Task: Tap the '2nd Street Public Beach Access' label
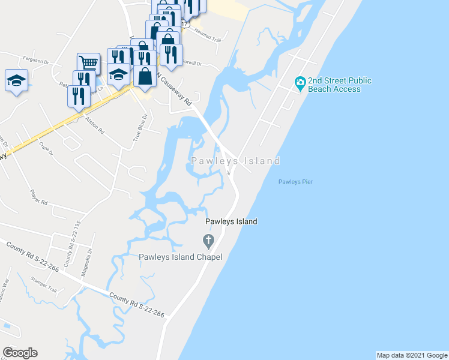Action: pos(339,85)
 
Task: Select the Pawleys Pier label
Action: pos(296,182)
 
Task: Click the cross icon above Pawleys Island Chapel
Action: pos(208,242)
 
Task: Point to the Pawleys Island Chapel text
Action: pos(181,257)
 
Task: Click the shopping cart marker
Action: pos(88,62)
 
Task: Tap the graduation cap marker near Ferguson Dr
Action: pos(16,80)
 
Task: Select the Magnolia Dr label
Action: pos(90,259)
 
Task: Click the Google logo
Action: pos(20,353)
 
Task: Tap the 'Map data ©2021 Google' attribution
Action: pos(412,355)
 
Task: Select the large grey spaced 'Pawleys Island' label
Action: pos(235,161)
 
